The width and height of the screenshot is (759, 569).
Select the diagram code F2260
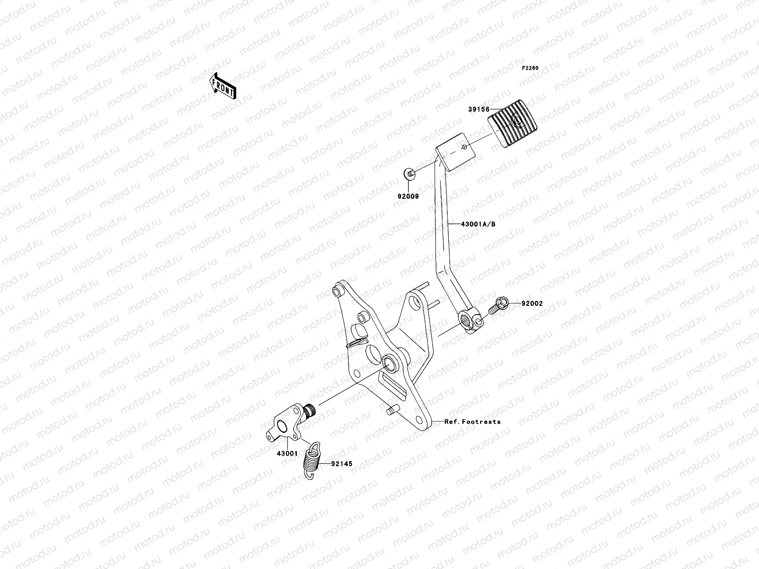[x=530, y=68]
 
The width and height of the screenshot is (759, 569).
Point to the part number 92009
[x=408, y=195]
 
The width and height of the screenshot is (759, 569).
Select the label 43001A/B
[x=478, y=224]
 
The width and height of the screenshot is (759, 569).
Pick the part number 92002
[x=532, y=303]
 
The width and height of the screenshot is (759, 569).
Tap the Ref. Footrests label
[x=472, y=421]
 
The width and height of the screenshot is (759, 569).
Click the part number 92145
[x=342, y=464]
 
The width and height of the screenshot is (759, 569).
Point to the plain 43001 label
[x=287, y=453]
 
